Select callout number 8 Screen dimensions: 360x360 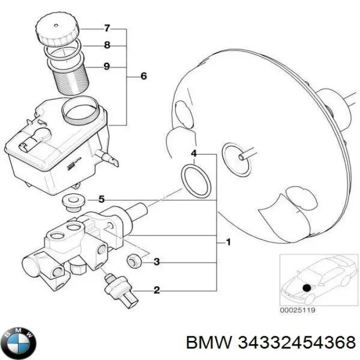[106, 45]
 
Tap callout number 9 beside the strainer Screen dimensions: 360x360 [106, 66]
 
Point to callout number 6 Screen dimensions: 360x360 [143, 77]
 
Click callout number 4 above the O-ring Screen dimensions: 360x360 [193, 153]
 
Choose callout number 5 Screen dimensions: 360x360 [101, 199]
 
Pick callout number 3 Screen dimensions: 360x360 [157, 262]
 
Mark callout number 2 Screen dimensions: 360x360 [157, 291]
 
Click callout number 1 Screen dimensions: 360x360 [227, 242]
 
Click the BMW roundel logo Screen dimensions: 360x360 [20, 340]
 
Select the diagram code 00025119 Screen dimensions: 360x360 [298, 310]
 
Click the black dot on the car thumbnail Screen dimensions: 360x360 [307, 289]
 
